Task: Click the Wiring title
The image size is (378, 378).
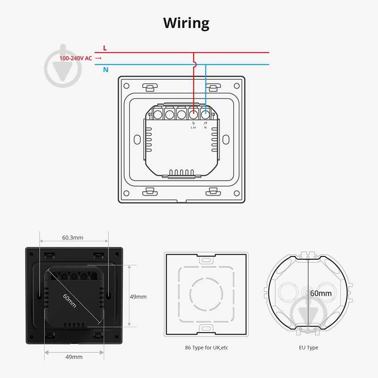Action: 186,23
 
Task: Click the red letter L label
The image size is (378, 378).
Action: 105,48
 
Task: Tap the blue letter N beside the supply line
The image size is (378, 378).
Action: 105,69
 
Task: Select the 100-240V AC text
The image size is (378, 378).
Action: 76,58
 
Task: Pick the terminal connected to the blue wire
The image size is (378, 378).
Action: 205,114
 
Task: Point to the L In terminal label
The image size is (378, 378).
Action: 193,128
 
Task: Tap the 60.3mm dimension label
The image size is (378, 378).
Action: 73,238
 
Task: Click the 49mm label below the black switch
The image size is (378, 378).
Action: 74,357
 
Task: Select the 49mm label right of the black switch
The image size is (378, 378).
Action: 138,297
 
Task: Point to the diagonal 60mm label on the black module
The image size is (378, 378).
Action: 69,301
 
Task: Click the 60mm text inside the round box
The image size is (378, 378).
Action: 321,293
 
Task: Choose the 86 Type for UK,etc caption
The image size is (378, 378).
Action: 206,348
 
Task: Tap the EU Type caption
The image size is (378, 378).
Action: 309,348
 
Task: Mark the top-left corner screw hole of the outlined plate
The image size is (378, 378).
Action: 126,86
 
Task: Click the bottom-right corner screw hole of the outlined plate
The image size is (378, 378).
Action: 237,193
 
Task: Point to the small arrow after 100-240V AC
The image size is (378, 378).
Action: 98,58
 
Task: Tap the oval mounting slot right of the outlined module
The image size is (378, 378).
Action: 226,139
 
